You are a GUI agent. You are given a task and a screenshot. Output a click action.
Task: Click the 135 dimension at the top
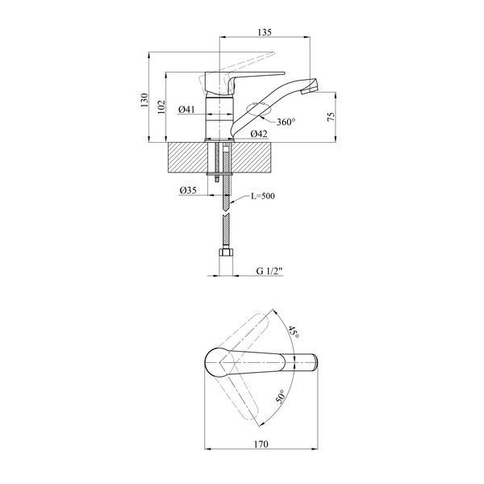265,31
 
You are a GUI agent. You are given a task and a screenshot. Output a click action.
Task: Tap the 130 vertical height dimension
144,100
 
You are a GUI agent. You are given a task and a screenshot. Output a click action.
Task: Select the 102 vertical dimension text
161,106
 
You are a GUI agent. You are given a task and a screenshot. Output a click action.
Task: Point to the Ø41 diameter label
186,109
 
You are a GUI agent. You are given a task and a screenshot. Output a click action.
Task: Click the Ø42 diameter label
259,134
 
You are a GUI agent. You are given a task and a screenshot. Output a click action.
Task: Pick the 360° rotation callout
286,122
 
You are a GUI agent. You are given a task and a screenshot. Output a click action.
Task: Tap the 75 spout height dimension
331,116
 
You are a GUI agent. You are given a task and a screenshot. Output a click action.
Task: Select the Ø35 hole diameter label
188,190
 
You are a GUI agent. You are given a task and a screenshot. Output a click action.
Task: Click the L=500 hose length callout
262,196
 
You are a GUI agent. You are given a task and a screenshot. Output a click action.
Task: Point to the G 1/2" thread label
269,271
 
